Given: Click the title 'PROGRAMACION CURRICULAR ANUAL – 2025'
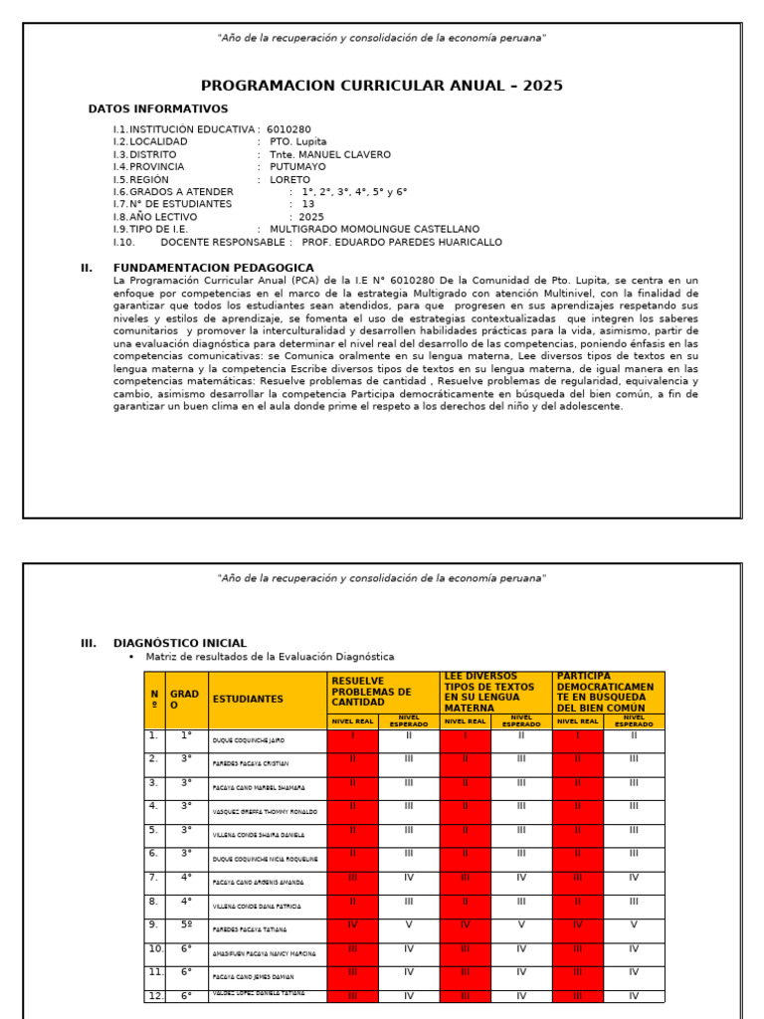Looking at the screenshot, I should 381,86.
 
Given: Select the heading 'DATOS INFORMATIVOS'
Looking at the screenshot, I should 158,109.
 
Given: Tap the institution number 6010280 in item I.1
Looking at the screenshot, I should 288,129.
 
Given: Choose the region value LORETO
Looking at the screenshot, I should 289,180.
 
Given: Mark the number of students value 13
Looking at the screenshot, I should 308,204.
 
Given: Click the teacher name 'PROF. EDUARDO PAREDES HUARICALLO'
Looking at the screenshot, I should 402,242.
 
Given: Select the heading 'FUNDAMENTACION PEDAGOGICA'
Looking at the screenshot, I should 214,268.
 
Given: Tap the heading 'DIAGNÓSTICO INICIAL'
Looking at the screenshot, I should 180,643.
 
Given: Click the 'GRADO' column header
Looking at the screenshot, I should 184,699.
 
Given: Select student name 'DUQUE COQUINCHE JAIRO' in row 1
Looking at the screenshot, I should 250,741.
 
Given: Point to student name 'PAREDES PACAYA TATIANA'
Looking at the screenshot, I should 250,929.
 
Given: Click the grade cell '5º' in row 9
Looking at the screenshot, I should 186,924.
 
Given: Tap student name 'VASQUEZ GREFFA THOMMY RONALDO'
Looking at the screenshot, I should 258,812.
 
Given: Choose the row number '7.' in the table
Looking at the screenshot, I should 153,878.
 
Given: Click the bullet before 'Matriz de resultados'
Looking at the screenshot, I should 130,658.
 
